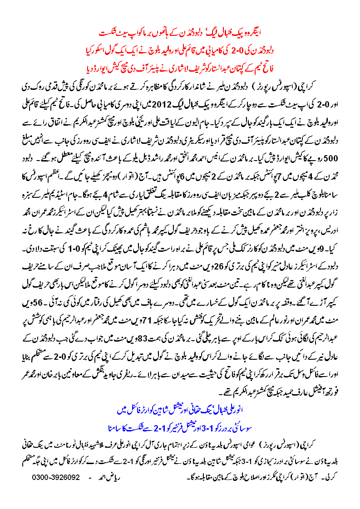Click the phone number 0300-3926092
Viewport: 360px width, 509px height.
point(56,478)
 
